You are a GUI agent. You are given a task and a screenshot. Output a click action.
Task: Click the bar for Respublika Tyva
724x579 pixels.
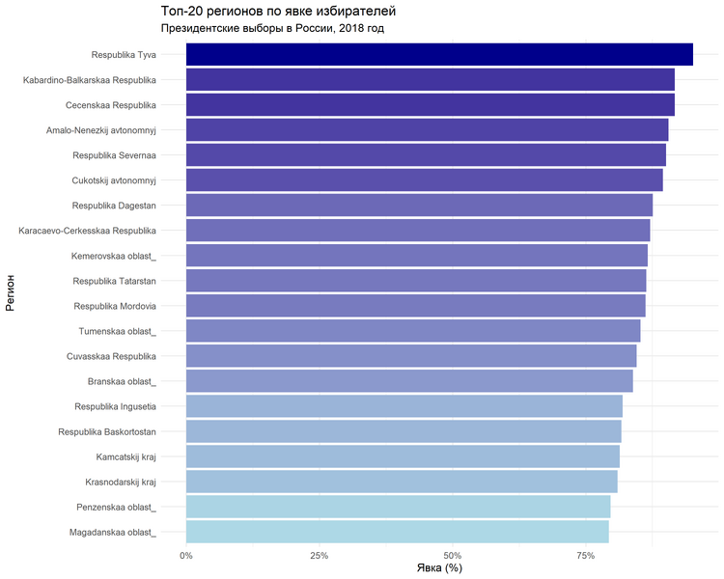[439, 55]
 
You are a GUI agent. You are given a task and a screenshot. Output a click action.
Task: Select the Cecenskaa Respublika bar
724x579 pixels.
[430, 105]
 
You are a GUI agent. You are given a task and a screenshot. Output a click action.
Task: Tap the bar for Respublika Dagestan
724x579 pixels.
[419, 206]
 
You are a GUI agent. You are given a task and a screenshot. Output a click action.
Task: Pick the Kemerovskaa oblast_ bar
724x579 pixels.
[416, 256]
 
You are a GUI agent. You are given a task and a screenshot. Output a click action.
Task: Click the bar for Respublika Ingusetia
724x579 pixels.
[404, 406]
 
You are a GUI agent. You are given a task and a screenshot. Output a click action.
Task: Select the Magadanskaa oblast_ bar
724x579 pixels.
[397, 532]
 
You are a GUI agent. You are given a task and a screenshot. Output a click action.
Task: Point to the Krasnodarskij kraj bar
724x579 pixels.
[402, 482]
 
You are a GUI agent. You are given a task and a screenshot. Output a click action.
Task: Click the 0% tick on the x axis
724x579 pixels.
[186, 555]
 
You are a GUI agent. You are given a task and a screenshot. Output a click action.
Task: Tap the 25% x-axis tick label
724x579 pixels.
[320, 555]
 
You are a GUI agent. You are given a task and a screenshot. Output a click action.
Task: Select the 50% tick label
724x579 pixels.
[452, 555]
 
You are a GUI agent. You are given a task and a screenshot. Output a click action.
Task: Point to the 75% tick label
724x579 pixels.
[585, 555]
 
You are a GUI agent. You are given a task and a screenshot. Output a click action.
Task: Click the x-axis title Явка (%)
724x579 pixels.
[439, 568]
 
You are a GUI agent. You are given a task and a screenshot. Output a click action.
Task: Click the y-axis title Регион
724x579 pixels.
[10, 293]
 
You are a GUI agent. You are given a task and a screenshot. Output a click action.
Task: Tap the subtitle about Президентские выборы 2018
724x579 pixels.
[272, 28]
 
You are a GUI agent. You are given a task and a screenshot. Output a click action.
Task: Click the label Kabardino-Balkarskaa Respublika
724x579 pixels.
[90, 80]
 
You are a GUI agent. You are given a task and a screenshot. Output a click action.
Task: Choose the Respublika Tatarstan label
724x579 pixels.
[114, 281]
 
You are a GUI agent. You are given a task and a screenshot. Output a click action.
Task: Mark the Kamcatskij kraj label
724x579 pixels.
[125, 456]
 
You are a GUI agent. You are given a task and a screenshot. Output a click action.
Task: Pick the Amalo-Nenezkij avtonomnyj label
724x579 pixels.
[101, 130]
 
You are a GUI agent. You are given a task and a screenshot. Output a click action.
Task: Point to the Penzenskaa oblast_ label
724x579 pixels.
[116, 507]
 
